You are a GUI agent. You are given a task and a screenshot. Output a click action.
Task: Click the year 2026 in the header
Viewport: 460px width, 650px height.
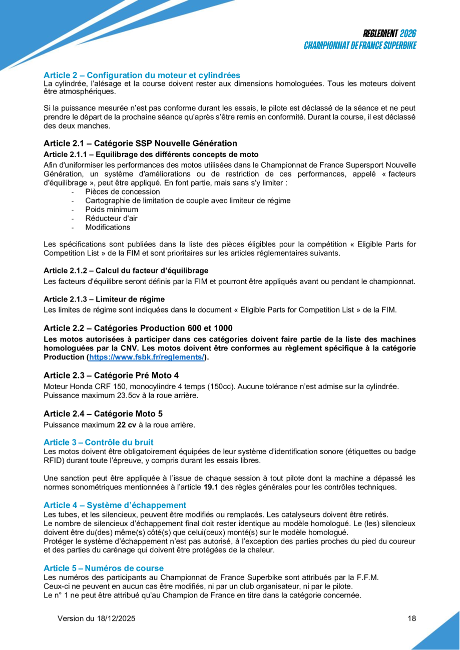(408, 34)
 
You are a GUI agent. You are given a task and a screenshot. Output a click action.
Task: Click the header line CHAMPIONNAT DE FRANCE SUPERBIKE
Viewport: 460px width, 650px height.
(360, 45)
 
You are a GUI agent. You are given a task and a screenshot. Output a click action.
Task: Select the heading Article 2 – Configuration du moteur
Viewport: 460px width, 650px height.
(142, 75)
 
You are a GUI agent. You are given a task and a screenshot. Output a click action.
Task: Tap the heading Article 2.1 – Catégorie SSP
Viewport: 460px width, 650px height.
(140, 143)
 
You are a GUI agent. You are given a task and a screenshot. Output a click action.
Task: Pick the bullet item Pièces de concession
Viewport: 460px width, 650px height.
(123, 191)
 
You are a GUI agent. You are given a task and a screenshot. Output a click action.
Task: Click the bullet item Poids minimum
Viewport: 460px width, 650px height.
(112, 209)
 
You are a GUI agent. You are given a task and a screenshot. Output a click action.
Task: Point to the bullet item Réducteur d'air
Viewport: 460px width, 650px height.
(111, 218)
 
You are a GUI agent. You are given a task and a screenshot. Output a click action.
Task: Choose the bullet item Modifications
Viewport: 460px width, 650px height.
(108, 227)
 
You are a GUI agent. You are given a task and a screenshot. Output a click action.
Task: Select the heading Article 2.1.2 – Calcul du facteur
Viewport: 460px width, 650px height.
(126, 270)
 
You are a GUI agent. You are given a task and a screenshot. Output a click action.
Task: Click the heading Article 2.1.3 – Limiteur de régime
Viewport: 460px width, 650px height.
(104, 299)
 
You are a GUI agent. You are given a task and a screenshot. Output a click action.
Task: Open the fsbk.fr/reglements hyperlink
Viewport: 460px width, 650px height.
(147, 357)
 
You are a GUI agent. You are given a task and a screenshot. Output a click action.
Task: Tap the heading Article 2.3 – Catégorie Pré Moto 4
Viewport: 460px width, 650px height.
(111, 375)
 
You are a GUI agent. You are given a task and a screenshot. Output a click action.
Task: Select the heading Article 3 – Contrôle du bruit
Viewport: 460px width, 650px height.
(99, 442)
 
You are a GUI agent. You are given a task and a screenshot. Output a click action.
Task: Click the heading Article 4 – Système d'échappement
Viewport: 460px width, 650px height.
(115, 505)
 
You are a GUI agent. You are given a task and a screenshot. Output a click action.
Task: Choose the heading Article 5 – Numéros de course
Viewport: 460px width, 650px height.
(104, 568)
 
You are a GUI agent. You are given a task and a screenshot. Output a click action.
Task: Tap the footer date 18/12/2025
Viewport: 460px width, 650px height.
(115, 618)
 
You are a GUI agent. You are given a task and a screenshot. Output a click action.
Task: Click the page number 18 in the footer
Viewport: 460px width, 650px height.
(412, 618)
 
